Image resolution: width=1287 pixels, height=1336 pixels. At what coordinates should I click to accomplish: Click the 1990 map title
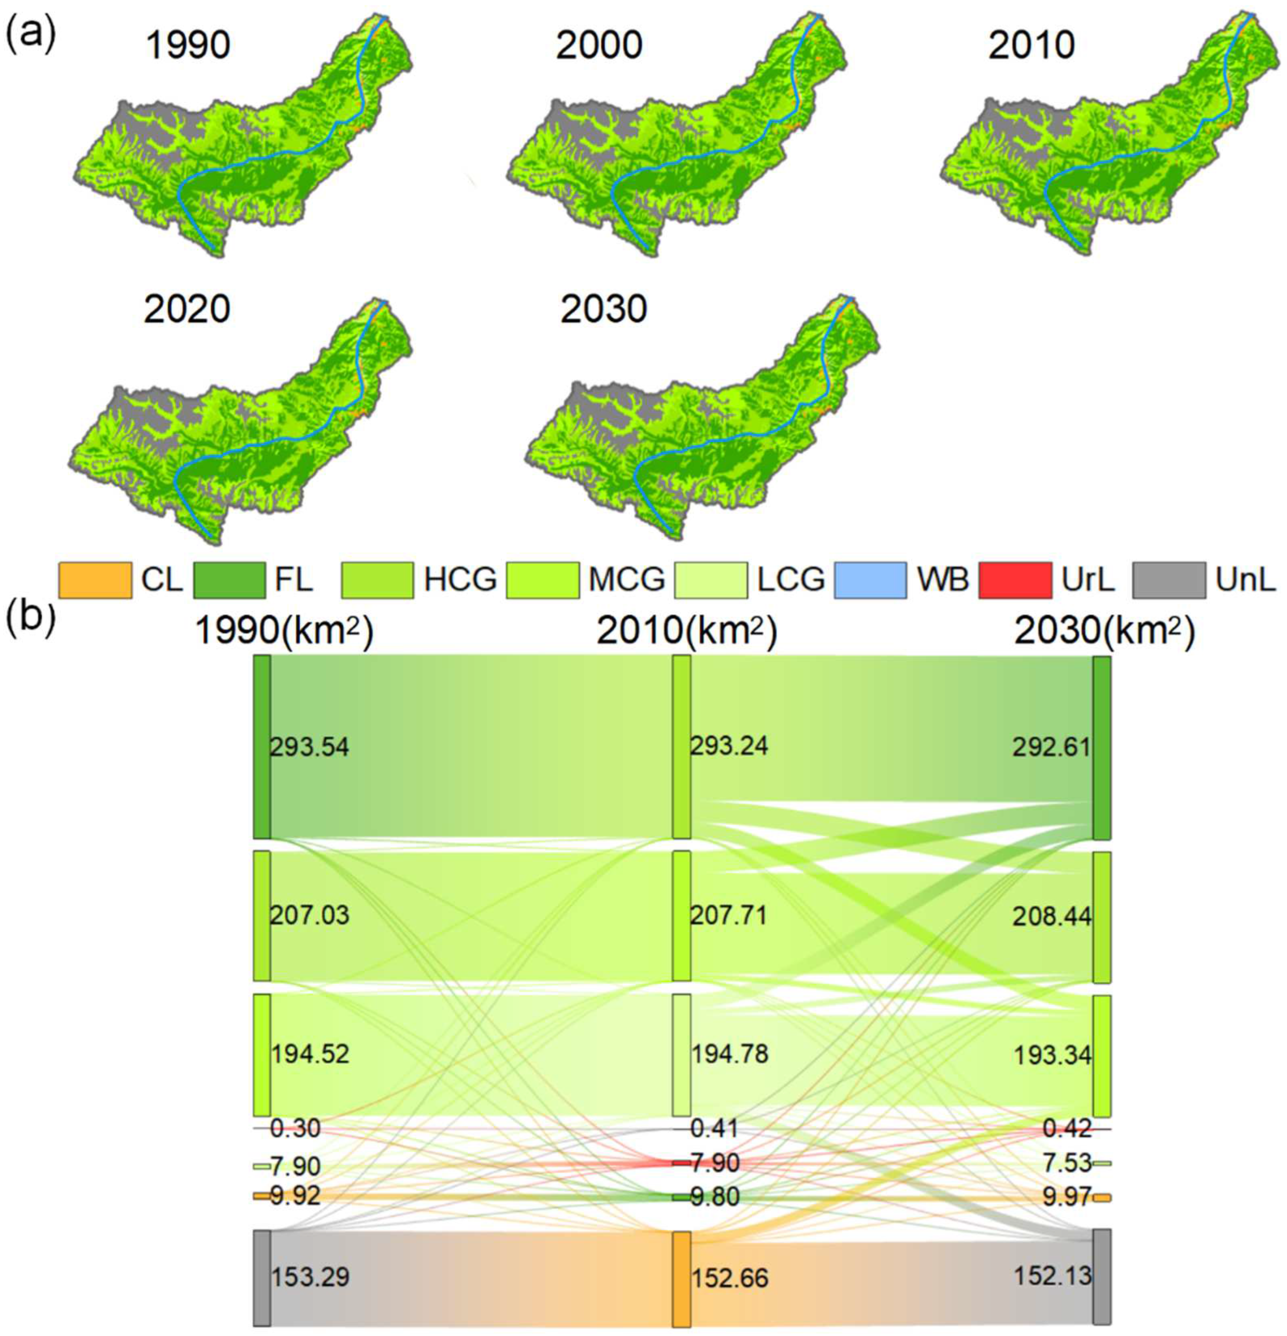coord(188,46)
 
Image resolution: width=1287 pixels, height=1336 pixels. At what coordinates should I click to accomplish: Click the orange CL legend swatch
coord(95,580)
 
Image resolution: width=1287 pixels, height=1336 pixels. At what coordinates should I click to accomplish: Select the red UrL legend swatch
coord(1014,580)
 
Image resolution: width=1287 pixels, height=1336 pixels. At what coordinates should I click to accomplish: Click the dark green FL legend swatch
coord(230,580)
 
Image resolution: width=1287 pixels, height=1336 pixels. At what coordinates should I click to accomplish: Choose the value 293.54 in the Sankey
coord(309,747)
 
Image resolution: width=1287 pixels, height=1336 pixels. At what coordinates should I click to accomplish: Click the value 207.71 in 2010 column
coord(729,915)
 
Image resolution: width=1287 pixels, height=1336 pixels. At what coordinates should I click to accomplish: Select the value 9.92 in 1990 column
coord(295,1195)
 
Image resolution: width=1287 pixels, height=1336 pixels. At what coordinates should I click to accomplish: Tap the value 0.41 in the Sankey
coord(714,1128)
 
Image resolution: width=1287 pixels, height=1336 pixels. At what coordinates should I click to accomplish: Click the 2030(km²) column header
coord(1105,632)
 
